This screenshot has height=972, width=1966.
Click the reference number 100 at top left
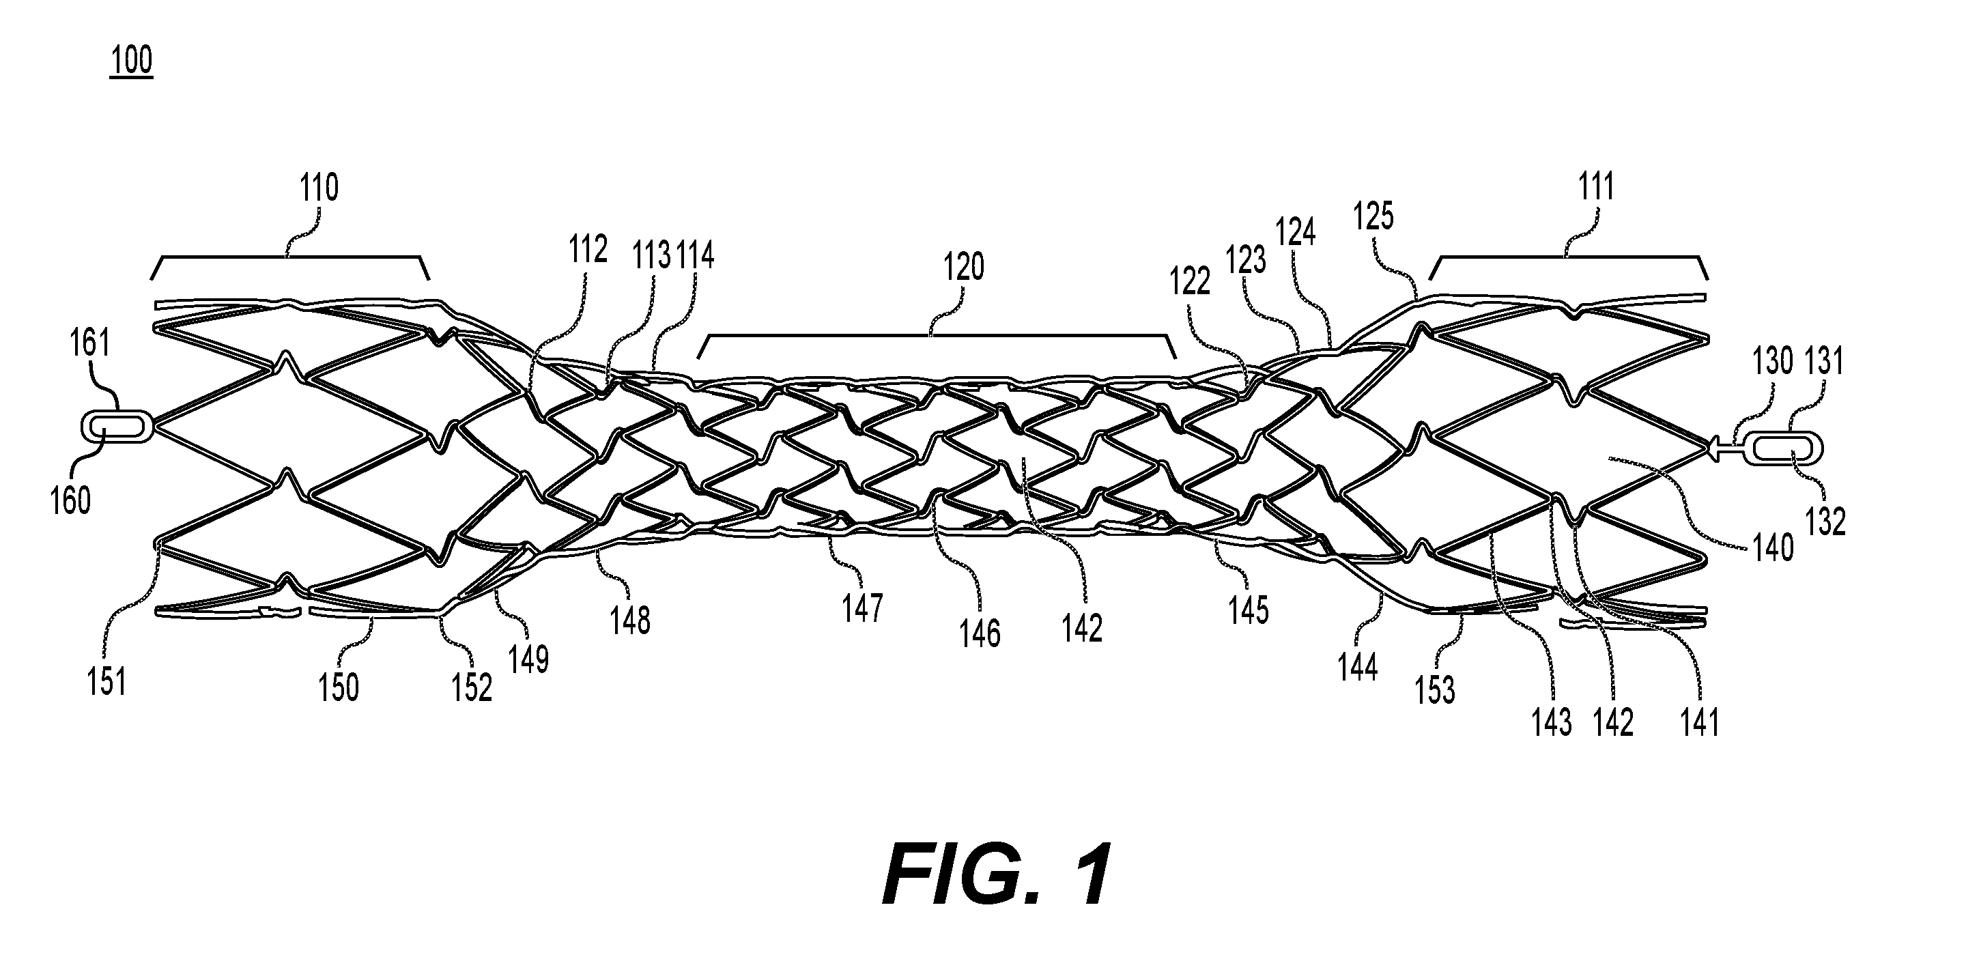coord(132,60)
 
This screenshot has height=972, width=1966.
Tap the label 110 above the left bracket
coord(319,188)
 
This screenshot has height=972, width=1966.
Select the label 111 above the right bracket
coord(1596,186)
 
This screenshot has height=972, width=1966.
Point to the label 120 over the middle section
coord(964,267)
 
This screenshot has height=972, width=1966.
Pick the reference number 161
coord(91,343)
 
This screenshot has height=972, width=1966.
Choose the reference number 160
coord(70,501)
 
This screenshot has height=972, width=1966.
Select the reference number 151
coord(106,681)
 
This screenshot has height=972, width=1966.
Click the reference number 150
coord(338,687)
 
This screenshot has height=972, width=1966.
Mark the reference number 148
coord(630,621)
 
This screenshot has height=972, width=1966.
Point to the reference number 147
coord(862,608)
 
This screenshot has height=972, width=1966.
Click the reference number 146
coord(980,633)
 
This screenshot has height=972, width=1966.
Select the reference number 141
coord(1700,722)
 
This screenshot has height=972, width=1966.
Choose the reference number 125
coord(1373,216)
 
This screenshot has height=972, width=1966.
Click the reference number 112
coord(588,250)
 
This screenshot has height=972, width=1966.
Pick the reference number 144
coord(1358,668)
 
